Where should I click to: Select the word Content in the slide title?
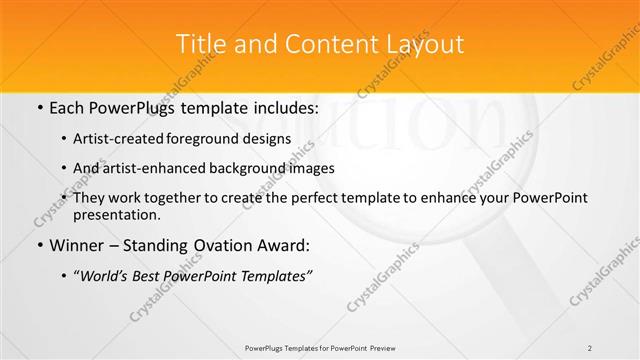click(x=319, y=44)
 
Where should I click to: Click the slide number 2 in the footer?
click(x=590, y=348)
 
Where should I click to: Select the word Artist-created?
click(x=121, y=139)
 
